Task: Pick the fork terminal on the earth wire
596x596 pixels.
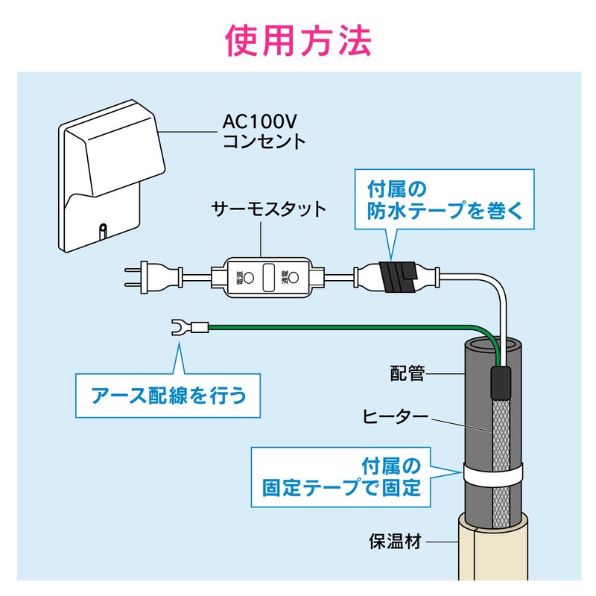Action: coord(180,326)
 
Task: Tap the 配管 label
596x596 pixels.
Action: coord(408,372)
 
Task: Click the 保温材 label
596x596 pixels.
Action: coord(395,540)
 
